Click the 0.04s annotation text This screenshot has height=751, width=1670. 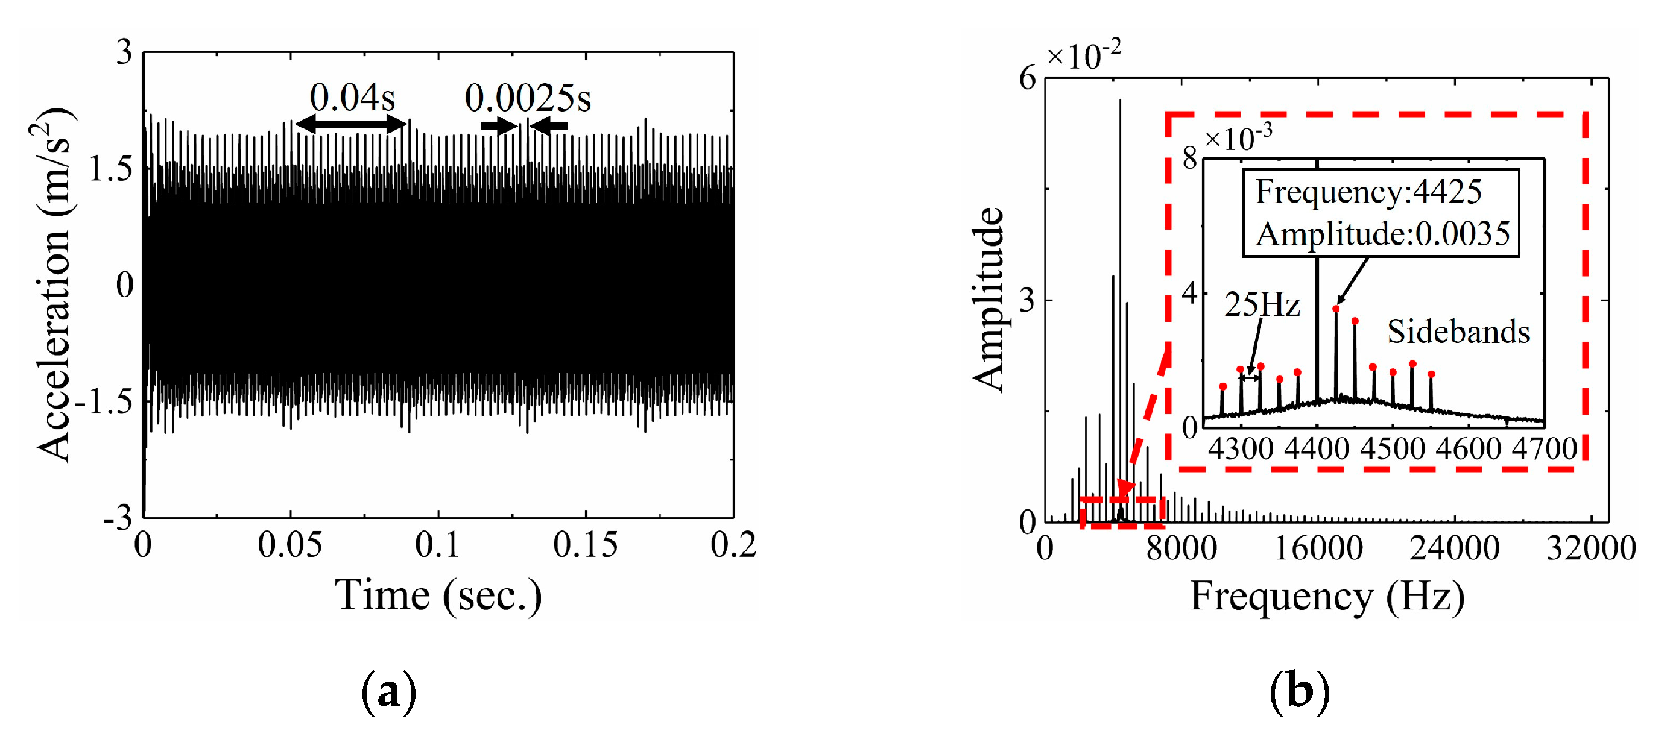point(352,98)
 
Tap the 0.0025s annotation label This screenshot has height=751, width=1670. point(528,98)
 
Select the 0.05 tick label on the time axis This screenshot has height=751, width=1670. point(289,545)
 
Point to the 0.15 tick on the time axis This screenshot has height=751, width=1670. point(585,545)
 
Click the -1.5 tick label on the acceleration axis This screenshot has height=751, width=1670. point(104,403)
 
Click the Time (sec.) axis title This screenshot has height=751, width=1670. point(438,595)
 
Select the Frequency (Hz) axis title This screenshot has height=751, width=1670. point(1326,597)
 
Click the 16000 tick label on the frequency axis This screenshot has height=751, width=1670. point(1318,548)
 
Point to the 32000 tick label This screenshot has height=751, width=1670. point(1591,548)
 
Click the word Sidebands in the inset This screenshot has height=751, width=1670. point(1458,333)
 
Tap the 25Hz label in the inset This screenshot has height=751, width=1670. point(1262,304)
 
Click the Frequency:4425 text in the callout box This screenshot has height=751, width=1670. point(1368,192)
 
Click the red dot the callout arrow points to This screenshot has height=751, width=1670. point(1335,309)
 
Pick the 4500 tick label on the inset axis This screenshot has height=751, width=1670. point(1393,448)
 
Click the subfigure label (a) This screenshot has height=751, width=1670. point(388,693)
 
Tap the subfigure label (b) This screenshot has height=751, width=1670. point(1299,693)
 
